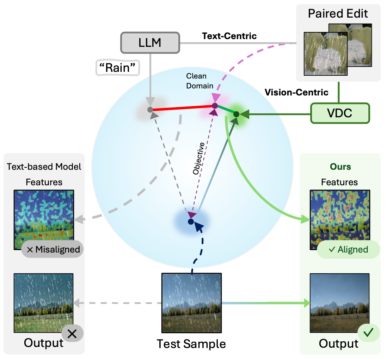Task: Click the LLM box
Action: [150, 43]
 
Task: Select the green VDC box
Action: [340, 113]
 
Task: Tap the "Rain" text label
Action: [118, 68]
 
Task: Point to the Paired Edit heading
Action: [338, 14]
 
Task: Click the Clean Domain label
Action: [200, 81]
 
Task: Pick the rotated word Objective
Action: [198, 159]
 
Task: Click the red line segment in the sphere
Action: [182, 107]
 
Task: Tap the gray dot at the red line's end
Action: [150, 110]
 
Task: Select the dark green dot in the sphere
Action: [236, 114]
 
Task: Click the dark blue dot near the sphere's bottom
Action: [191, 222]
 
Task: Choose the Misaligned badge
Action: [53, 249]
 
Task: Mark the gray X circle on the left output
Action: [72, 334]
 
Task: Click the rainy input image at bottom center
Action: [191, 303]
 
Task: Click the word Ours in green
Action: [340, 166]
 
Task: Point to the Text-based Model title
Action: [44, 166]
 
